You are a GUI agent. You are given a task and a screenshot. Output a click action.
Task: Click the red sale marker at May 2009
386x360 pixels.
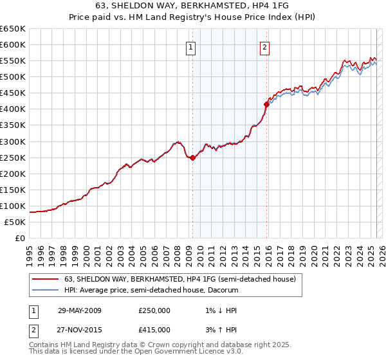tap(192, 157)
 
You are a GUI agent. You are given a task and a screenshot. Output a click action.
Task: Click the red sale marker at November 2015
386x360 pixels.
tap(266, 104)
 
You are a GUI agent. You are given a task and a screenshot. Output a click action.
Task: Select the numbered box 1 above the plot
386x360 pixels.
tap(192, 46)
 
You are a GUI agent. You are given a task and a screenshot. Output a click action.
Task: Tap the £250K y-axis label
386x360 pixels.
tap(13, 157)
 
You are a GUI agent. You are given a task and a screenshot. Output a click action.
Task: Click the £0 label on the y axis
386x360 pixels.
tap(19, 239)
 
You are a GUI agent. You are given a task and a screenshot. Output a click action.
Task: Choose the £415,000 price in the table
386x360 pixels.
tap(154, 330)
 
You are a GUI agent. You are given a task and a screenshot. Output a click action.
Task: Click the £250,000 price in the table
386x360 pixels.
tap(154, 310)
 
